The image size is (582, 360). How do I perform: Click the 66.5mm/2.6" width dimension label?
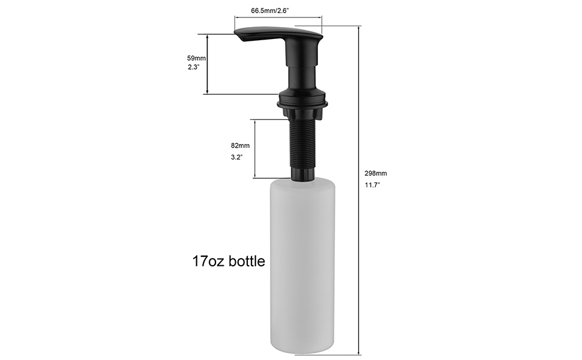pos(277,10)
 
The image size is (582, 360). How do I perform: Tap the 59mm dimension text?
pos(196,58)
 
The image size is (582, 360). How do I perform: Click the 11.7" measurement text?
pos(373,185)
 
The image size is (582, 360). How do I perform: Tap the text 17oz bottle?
pos(229,262)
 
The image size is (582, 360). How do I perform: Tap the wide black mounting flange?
pos(302,105)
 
